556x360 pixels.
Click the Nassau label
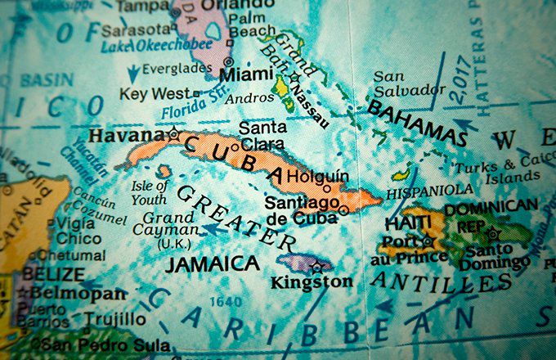pyautogui.click(x=312, y=103)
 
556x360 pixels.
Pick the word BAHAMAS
pyautogui.click(x=416, y=122)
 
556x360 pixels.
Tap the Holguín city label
pyautogui.click(x=321, y=175)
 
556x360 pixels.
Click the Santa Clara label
pyautogui.click(x=262, y=136)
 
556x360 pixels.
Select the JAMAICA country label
pyautogui.click(x=212, y=263)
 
